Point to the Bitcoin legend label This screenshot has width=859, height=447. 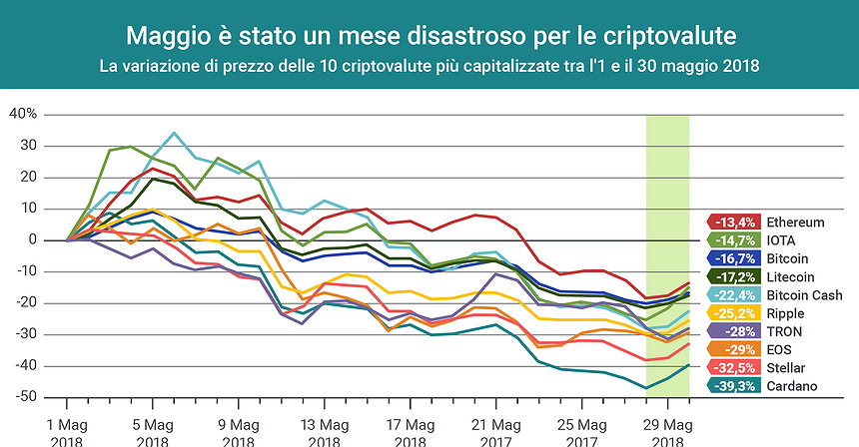pyautogui.click(x=788, y=258)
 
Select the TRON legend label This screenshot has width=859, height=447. pyautogui.click(x=786, y=331)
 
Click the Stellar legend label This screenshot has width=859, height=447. pyautogui.click(x=787, y=368)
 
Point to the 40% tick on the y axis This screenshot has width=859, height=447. pyautogui.click(x=22, y=114)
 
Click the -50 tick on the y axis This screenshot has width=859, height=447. pyautogui.click(x=23, y=397)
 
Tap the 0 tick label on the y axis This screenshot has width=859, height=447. pyautogui.click(x=32, y=239)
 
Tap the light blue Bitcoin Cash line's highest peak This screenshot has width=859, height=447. pyautogui.click(x=174, y=133)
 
